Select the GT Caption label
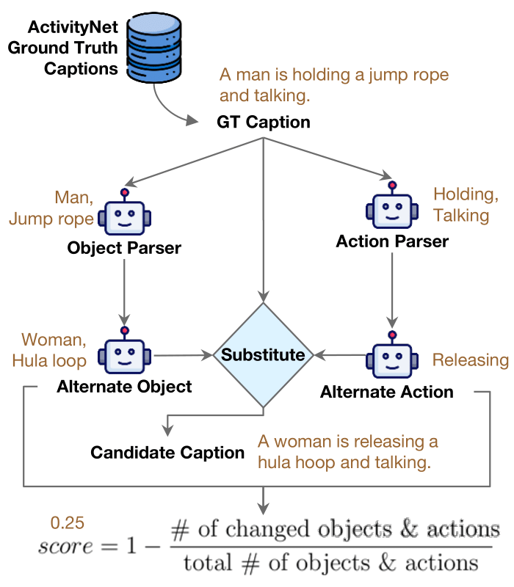point(263,123)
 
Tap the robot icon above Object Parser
point(124,215)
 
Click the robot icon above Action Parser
point(391,208)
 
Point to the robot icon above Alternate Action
point(391,357)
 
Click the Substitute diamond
point(263,355)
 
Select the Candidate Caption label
point(167,452)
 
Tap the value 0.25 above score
point(67,523)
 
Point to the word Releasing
point(470,360)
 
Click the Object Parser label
point(124,248)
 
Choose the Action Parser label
point(392,241)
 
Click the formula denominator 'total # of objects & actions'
point(330,563)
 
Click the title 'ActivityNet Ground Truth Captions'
point(73,48)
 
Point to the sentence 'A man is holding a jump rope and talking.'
point(334,84)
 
